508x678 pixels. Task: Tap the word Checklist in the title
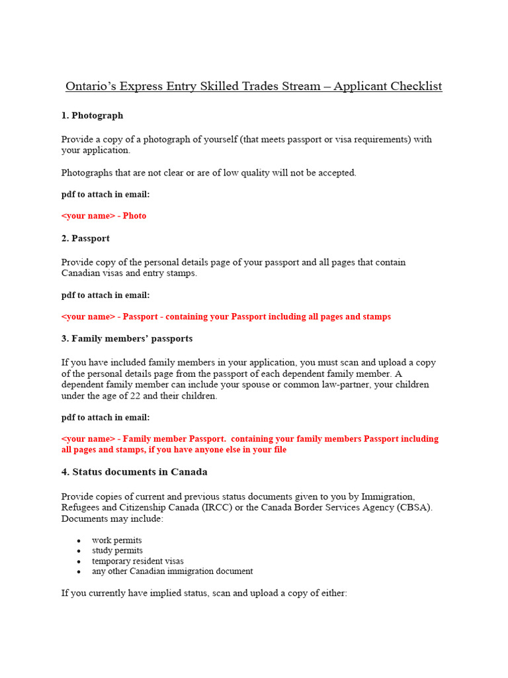point(415,87)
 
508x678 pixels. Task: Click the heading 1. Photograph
point(92,115)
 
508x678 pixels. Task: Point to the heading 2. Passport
point(85,238)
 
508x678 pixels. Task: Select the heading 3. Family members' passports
point(127,338)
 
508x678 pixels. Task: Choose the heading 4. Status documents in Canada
point(134,472)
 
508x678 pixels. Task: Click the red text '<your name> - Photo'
point(104,216)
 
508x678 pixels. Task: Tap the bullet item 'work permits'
point(116,540)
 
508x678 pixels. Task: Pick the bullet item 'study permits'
point(117,550)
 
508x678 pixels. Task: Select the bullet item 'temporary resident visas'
point(138,561)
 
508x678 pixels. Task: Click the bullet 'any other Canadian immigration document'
point(172,571)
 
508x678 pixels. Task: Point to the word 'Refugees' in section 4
point(80,507)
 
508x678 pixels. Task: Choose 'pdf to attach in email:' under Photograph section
point(106,194)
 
